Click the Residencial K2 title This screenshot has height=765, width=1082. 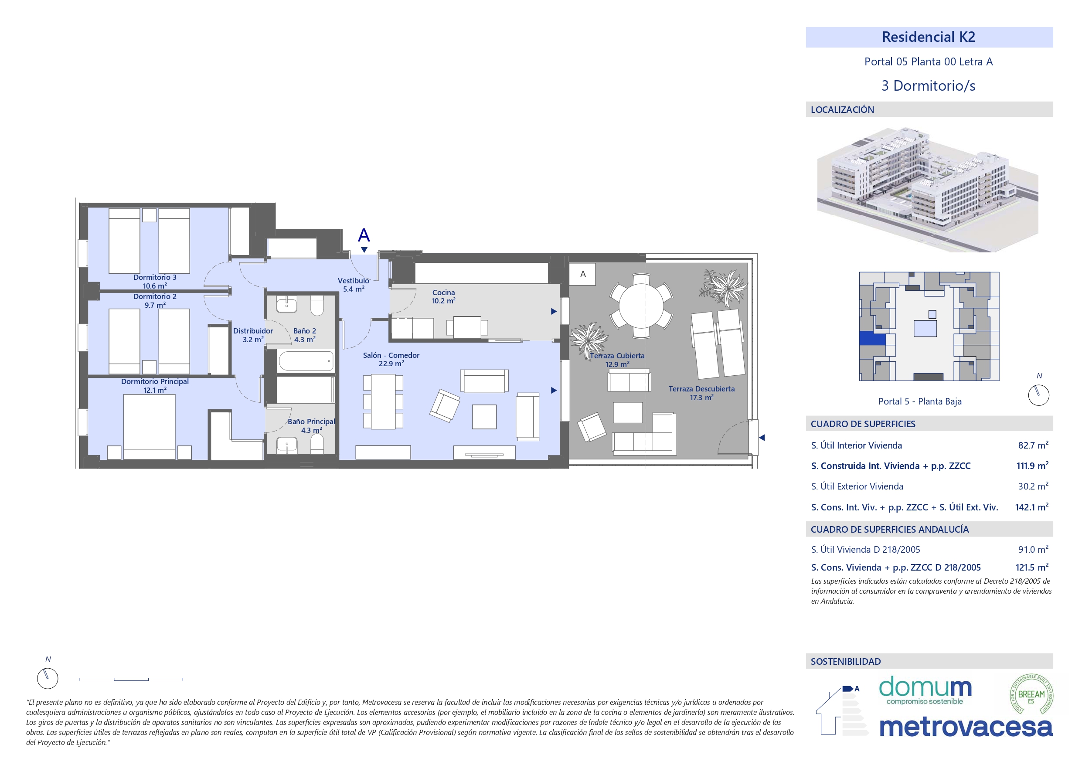tap(929, 37)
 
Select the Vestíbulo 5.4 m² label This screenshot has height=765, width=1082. tap(354, 285)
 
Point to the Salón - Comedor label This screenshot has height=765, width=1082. tap(391, 355)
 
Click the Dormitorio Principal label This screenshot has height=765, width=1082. tap(155, 381)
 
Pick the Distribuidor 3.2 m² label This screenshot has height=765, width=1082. tap(253, 335)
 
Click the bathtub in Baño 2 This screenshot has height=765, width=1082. tap(306, 361)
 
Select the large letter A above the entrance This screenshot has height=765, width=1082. tap(364, 235)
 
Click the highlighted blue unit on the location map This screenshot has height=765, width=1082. tap(872, 338)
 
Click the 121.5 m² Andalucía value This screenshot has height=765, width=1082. tap(1032, 568)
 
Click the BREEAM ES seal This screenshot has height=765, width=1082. tap(1031, 695)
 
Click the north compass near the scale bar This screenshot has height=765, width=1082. tap(48, 678)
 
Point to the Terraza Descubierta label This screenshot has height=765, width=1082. tap(701, 389)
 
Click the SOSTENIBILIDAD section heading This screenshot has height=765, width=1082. tap(845, 661)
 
